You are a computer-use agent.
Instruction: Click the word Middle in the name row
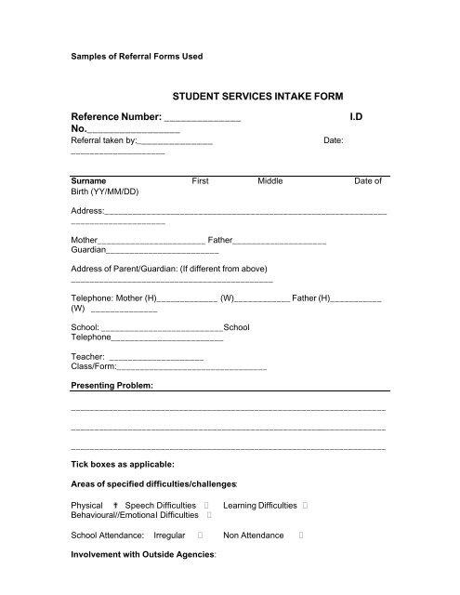[269, 182]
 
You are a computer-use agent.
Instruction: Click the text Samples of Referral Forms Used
[137, 56]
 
